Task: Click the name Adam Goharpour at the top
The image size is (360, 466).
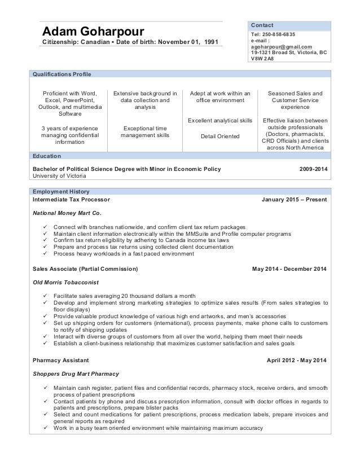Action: pyautogui.click(x=93, y=30)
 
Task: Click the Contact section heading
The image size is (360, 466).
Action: pyautogui.click(x=262, y=25)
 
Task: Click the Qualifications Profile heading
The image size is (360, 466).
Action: pyautogui.click(x=62, y=74)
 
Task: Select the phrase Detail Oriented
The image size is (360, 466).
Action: pyautogui.click(x=220, y=136)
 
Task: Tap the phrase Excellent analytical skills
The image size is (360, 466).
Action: pyautogui.click(x=220, y=121)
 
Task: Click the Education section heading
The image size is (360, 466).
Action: pyautogui.click(x=47, y=156)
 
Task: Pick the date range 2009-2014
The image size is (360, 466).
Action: pyautogui.click(x=312, y=169)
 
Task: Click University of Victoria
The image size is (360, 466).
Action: pyautogui.click(x=62, y=175)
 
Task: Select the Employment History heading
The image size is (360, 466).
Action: pyautogui.click(x=61, y=192)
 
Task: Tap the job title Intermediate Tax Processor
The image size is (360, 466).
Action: pyautogui.click(x=71, y=200)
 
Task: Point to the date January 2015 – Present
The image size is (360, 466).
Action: pyautogui.click(x=294, y=200)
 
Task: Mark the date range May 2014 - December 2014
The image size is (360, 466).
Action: pyautogui.click(x=289, y=269)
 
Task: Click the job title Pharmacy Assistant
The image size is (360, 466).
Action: pyautogui.click(x=60, y=359)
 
